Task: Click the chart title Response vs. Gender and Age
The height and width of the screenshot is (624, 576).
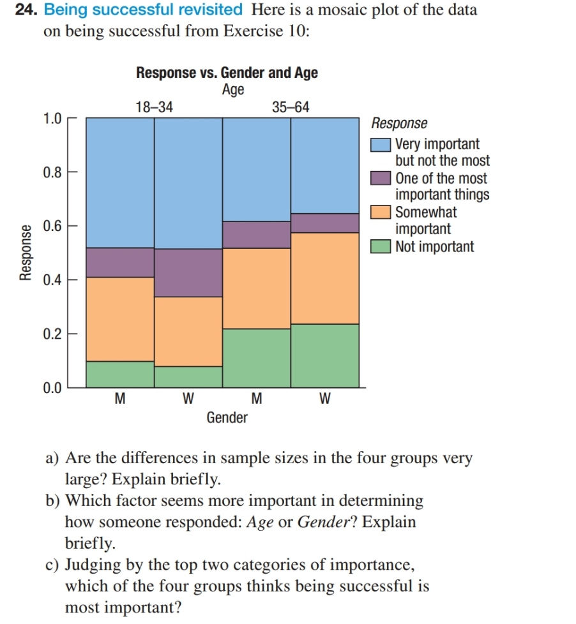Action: pos(227,73)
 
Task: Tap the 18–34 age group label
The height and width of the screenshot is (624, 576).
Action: pos(155,107)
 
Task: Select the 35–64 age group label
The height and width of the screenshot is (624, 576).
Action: pos(291,107)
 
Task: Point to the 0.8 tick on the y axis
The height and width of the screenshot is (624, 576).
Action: pos(52,172)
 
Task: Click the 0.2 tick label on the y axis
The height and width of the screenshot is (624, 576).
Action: pos(52,333)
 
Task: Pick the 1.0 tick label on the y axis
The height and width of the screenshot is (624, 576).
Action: pos(52,119)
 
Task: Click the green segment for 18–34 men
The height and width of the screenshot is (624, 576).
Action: pos(120,374)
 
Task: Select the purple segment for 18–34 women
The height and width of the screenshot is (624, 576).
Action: pos(188,272)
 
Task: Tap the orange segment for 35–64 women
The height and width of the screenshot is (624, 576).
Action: pos(324,278)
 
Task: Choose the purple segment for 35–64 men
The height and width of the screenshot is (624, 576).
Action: pos(257,234)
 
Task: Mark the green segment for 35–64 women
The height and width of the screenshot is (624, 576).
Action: pos(324,355)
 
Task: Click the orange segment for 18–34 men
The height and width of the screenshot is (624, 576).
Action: pos(120,319)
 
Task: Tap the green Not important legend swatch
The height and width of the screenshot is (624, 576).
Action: pos(381,247)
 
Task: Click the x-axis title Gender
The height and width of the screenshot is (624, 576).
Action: pos(227,418)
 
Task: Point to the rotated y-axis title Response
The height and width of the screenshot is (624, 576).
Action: pos(26,253)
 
